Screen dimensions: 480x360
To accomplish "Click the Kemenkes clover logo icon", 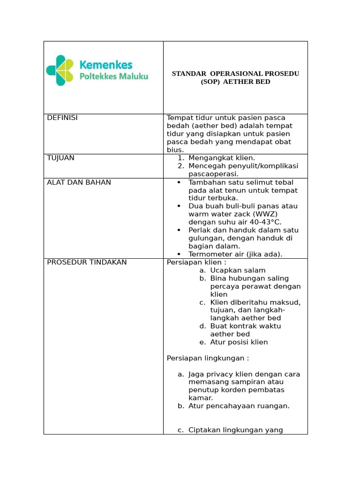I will click(x=60, y=70).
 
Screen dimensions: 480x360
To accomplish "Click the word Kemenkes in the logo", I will click(x=106, y=65).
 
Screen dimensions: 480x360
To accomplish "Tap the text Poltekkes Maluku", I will click(x=114, y=76).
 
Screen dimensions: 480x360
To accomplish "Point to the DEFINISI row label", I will click(x=62, y=118).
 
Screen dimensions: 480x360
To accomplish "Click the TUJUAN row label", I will click(x=60, y=158).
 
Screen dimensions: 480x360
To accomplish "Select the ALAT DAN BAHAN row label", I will click(x=79, y=182).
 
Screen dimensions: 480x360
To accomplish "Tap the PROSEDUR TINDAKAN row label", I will click(x=87, y=262).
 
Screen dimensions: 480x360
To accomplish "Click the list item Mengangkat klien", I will click(x=222, y=158).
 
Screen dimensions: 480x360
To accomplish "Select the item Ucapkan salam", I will click(x=238, y=270).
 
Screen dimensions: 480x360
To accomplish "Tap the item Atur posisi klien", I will click(x=239, y=342).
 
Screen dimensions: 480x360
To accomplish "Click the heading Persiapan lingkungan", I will click(x=208, y=359).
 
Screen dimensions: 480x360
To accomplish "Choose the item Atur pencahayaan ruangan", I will click(x=239, y=406).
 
